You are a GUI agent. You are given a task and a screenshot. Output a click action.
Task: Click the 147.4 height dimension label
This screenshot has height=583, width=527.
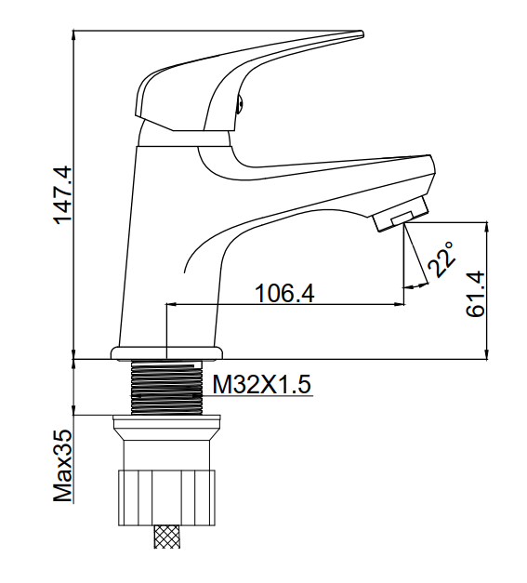(x=62, y=195)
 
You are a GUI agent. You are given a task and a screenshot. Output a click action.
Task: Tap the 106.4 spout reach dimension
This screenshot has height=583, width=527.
(x=284, y=293)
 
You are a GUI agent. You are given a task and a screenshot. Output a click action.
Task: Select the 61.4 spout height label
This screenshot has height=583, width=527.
(x=476, y=294)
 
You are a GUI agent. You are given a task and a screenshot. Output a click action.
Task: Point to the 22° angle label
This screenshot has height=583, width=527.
(x=441, y=259)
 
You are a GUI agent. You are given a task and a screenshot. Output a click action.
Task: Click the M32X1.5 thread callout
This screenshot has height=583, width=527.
(x=261, y=384)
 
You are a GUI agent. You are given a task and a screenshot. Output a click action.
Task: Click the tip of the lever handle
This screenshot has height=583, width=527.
(x=362, y=34)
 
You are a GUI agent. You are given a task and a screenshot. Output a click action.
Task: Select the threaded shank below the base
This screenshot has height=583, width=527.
(x=167, y=387)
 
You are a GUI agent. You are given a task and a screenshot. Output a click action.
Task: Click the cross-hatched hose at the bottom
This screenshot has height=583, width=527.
(x=167, y=537)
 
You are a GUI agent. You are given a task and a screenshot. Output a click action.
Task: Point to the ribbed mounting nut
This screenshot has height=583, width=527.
(x=167, y=497)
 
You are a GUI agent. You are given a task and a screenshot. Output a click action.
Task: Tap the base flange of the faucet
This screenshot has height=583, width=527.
(x=167, y=352)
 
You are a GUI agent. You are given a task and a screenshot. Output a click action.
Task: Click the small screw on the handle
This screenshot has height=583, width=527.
(x=240, y=103)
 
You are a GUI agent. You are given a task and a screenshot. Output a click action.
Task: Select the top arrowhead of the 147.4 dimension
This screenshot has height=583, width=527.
(x=74, y=34)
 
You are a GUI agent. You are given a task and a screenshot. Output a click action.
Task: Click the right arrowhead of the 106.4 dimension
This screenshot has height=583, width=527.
(x=399, y=304)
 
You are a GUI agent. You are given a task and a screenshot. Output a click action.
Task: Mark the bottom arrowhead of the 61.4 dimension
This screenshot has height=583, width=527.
(x=486, y=354)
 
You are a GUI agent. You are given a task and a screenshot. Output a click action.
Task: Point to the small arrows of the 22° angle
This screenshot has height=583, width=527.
(x=415, y=286)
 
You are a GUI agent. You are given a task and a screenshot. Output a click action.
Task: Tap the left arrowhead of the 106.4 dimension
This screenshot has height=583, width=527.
(x=172, y=304)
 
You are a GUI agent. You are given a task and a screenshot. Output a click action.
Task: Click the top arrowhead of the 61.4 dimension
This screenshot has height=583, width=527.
(x=486, y=228)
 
